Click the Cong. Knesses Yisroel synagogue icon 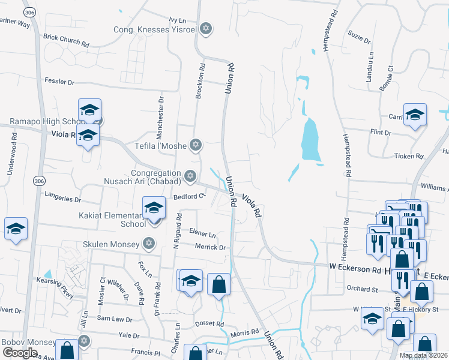206,29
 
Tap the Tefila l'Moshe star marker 194,145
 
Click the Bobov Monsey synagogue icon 84,341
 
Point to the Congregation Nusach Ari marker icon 190,176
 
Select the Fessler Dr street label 59,82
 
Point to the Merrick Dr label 209,247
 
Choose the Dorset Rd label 209,323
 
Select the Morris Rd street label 245,332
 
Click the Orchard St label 361,288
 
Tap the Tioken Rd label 408,156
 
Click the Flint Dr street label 381,131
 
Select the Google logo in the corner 20,353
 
